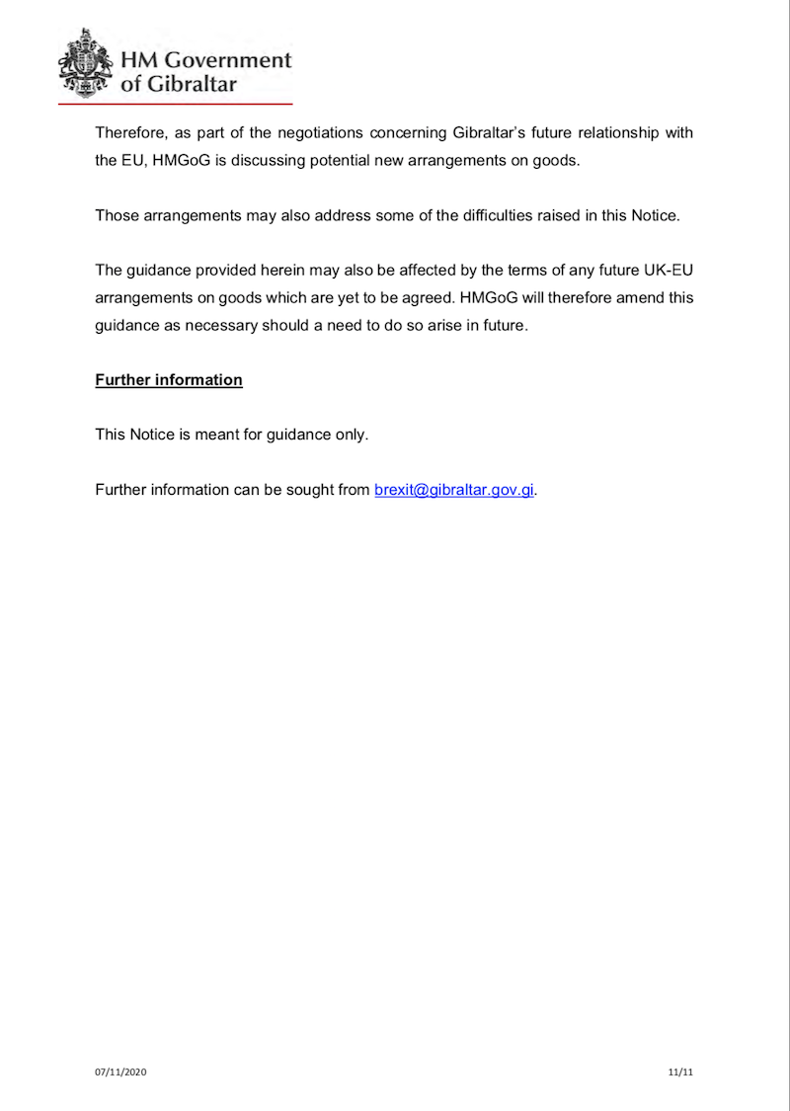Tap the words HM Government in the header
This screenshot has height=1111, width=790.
tap(205, 59)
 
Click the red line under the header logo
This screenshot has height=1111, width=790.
tap(176, 103)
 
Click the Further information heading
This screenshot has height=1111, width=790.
tap(169, 379)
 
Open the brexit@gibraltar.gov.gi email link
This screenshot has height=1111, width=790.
tap(454, 490)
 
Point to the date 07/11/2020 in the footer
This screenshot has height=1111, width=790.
tap(120, 1071)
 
